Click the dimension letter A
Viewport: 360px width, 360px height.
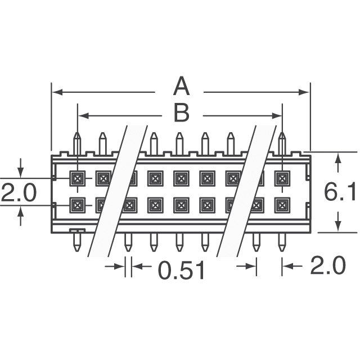(181, 86)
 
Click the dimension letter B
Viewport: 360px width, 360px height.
(182, 112)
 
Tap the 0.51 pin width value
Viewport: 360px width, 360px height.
(181, 270)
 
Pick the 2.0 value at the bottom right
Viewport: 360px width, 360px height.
(328, 265)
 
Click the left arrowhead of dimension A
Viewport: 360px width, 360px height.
(57, 92)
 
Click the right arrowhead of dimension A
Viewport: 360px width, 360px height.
(304, 92)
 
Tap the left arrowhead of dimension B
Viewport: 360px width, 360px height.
(84, 116)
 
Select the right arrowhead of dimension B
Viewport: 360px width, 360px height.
(277, 116)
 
